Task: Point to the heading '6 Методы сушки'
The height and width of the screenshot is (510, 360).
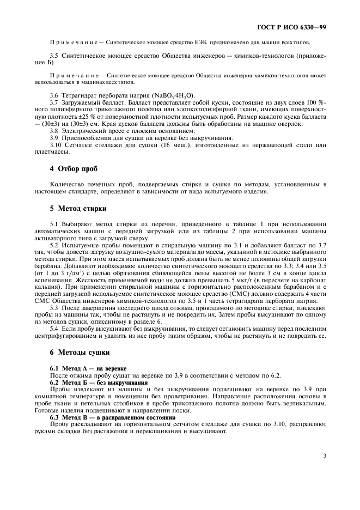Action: click(80, 352)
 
